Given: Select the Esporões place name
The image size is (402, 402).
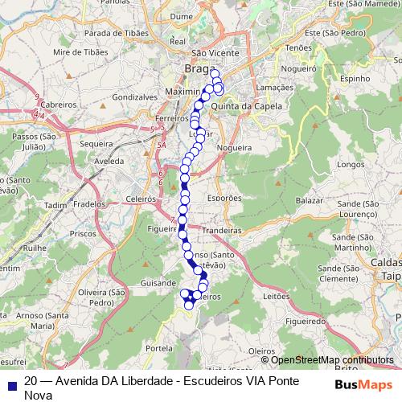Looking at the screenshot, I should pyautogui.click(x=224, y=197).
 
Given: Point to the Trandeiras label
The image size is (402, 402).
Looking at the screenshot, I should pyautogui.click(x=222, y=230).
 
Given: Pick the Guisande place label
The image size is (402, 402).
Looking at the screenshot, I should pyautogui.click(x=158, y=283).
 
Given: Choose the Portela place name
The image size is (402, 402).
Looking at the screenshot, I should pyautogui.click(x=160, y=348).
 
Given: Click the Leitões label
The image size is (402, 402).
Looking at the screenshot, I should pyautogui.click(x=276, y=296).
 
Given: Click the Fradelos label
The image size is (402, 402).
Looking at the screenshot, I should pyautogui.click(x=88, y=204).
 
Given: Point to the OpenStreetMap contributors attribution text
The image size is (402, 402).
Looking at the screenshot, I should pyautogui.click(x=332, y=360).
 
